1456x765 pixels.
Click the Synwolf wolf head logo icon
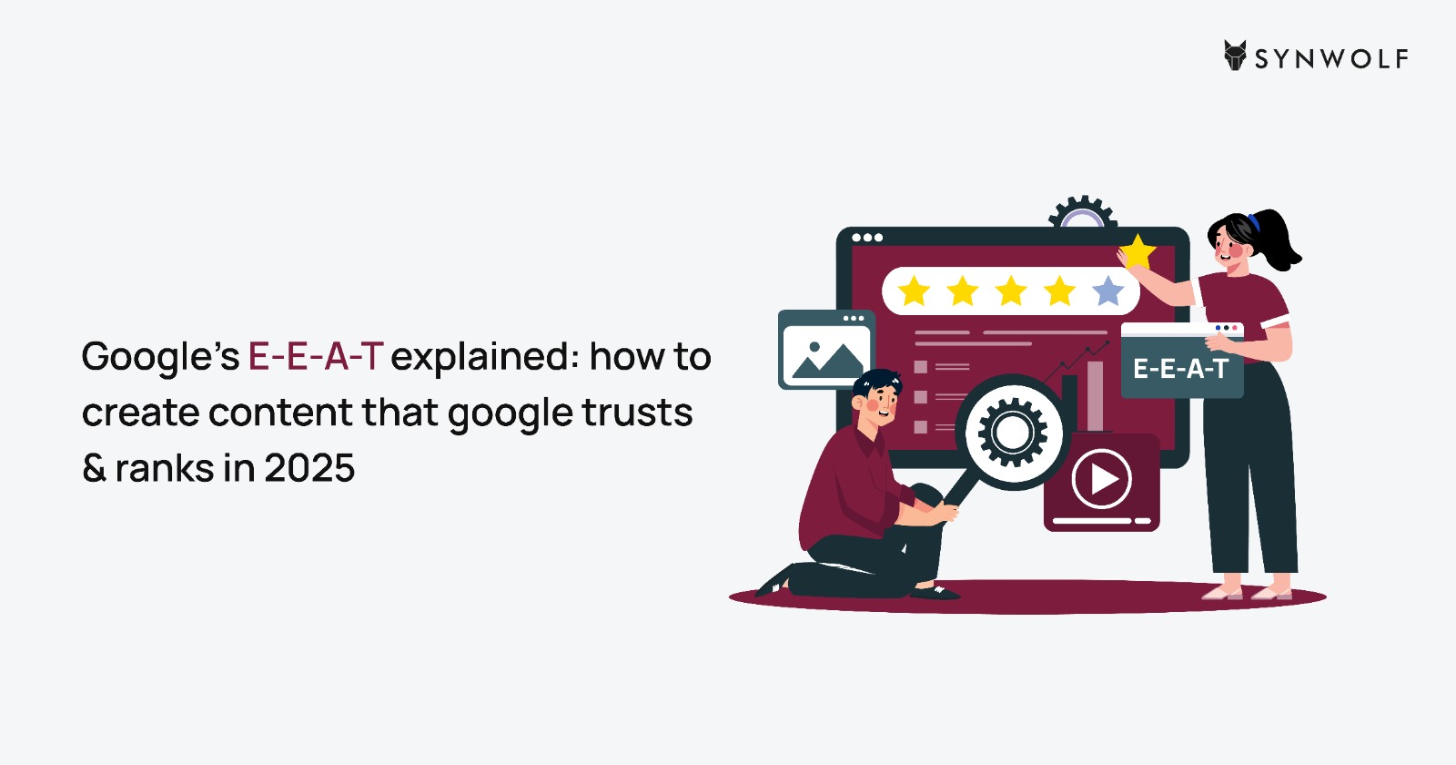point(1235,56)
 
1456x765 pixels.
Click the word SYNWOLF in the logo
point(1331,59)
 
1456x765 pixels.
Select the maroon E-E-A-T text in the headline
point(316,356)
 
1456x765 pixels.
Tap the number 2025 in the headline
point(309,468)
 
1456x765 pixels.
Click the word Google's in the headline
point(160,359)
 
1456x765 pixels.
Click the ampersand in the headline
point(95,468)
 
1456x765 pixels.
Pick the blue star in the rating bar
point(1108,291)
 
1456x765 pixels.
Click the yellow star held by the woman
point(1137,252)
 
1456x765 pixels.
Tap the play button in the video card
point(1102,479)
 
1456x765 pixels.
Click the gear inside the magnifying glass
point(1012,433)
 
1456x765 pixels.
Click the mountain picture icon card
point(826,350)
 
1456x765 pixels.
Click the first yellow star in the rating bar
point(915,291)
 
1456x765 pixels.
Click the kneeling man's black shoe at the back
point(774,582)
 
